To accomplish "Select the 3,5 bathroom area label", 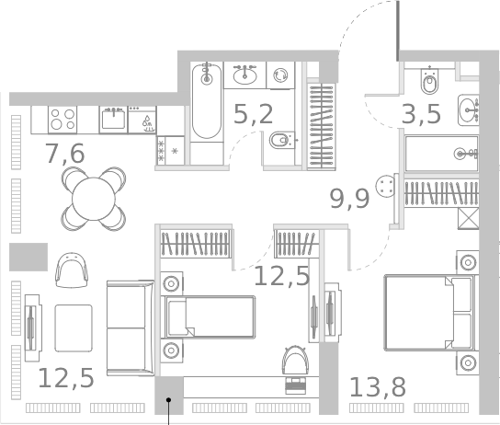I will tap(423, 115).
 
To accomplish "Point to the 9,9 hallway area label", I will tap(349, 197).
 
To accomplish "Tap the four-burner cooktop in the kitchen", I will tap(62, 120).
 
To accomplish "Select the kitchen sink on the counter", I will tap(114, 119).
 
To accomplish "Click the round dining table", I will tap(94, 196).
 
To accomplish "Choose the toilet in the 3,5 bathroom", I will tap(428, 84).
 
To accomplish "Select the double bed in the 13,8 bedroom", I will tap(429, 313).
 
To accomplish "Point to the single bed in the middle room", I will tap(207, 316).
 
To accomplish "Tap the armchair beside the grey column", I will tap(73, 270).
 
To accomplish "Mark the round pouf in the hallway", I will tap(385, 187).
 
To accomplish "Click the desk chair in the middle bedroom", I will tap(296, 361).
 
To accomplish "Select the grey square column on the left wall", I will tap(28, 257).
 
